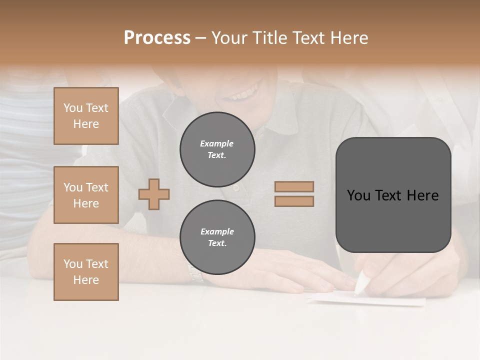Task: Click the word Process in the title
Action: pyautogui.click(x=157, y=38)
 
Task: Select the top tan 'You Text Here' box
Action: pyautogui.click(x=86, y=116)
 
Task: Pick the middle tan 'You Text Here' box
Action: pyautogui.click(x=86, y=195)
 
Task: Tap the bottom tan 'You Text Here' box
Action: pyautogui.click(x=86, y=272)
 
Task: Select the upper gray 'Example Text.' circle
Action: pyautogui.click(x=217, y=149)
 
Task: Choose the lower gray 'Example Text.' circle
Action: pyautogui.click(x=217, y=237)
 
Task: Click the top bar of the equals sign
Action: pyautogui.click(x=294, y=186)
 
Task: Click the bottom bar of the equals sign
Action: pyautogui.click(x=294, y=201)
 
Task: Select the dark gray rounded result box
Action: pyautogui.click(x=393, y=195)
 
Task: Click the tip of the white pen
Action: pyautogui.click(x=356, y=294)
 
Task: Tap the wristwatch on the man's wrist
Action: pyautogui.click(x=195, y=272)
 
